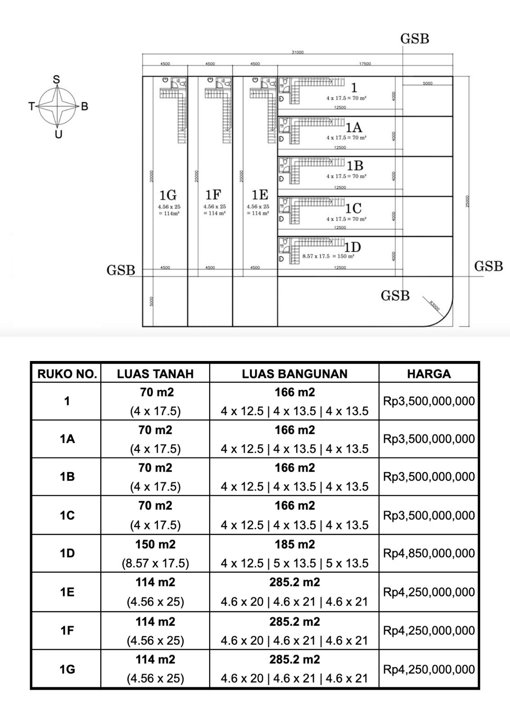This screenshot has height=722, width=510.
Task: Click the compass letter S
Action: tap(56, 80)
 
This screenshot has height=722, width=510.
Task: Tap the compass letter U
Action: tap(58, 134)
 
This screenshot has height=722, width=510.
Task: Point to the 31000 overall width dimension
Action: tap(298, 52)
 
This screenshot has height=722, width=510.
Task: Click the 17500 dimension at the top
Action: tap(365, 64)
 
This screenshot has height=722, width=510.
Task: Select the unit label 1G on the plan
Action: tap(168, 195)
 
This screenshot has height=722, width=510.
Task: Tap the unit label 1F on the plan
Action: tap(213, 195)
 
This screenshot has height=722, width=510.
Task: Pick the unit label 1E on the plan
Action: tap(260, 195)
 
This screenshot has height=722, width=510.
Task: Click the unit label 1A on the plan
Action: tap(354, 128)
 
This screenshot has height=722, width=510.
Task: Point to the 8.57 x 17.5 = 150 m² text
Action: tap(328, 256)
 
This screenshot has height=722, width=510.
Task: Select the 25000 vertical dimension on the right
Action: tap(468, 201)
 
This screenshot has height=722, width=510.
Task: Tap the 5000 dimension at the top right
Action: tap(427, 83)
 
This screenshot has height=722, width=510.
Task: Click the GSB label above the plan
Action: tap(414, 39)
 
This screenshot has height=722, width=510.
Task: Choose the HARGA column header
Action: tap(428, 374)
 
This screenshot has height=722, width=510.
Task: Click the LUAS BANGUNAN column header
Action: tap(294, 374)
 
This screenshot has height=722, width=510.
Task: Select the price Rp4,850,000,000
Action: tap(429, 553)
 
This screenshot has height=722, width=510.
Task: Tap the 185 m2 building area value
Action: tap(294, 545)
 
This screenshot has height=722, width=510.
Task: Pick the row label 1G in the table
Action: tap(67, 669)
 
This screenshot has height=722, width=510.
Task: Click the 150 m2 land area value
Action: tap(156, 545)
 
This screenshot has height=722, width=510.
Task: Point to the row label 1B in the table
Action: tap(67, 477)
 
